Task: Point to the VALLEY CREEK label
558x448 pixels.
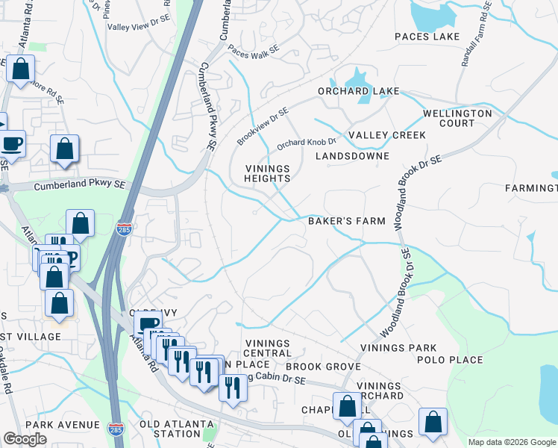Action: [387, 135]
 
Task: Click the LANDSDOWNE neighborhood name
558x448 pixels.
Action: [352, 156]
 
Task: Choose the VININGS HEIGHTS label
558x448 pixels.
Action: [268, 173]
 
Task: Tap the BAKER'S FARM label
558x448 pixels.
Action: [347, 221]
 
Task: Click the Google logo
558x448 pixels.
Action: [25, 439]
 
